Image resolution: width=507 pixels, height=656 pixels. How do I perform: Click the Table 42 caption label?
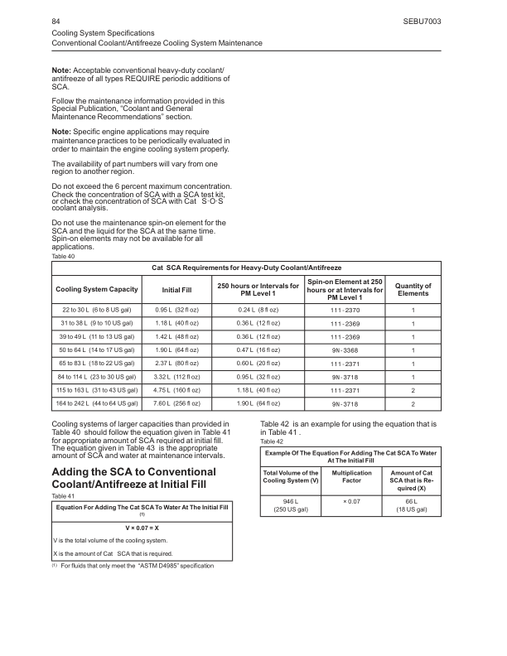tap(272, 441)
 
